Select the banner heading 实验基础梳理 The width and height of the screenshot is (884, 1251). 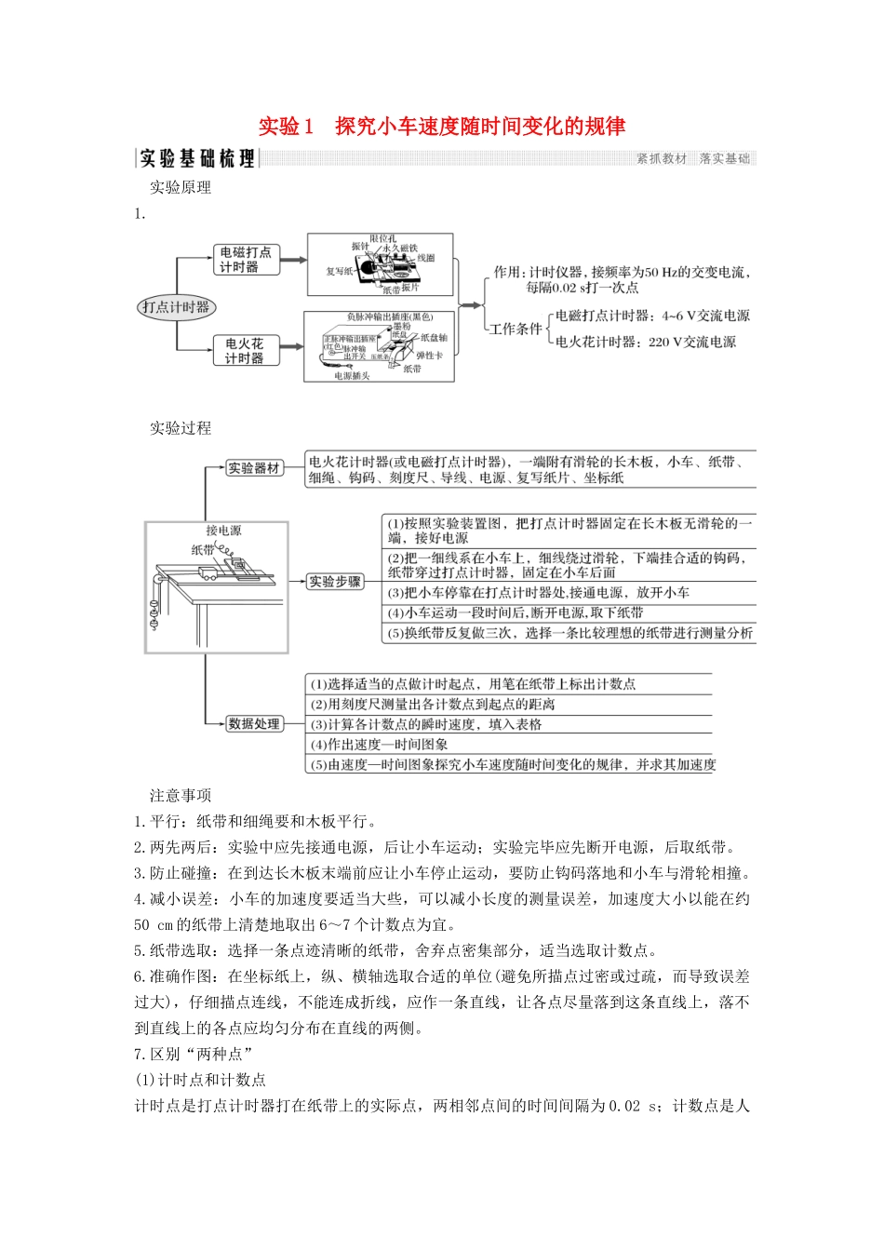(x=196, y=159)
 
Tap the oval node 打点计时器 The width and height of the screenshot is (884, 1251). (x=176, y=307)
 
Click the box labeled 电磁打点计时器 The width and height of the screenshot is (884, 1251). (x=246, y=260)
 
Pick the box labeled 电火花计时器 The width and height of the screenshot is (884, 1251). (x=244, y=351)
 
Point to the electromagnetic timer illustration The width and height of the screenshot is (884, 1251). (x=381, y=264)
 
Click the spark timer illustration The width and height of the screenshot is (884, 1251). (x=380, y=347)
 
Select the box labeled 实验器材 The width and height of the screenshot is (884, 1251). (x=254, y=468)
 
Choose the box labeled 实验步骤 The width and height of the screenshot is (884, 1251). (x=335, y=582)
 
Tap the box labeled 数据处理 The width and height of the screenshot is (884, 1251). (x=254, y=724)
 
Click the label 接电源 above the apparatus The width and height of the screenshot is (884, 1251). (x=223, y=531)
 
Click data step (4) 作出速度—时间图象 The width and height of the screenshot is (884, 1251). (x=379, y=745)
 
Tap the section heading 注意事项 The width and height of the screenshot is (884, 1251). (x=181, y=796)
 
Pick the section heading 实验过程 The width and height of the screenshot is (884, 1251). (x=181, y=428)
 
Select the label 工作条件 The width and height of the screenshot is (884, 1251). (x=516, y=330)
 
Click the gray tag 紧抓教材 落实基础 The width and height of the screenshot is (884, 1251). (x=693, y=159)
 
